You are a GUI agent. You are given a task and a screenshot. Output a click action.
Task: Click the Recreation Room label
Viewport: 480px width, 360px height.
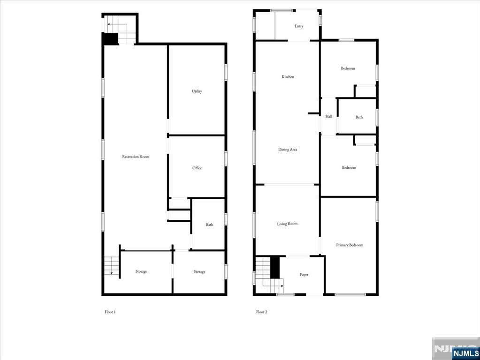pyautogui.click(x=136, y=157)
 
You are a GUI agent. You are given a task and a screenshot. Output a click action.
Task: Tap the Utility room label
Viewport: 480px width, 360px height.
pyautogui.click(x=197, y=91)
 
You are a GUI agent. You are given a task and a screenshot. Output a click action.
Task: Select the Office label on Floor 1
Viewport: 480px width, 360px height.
pyautogui.click(x=197, y=168)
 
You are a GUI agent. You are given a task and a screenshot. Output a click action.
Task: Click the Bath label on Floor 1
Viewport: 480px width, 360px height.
pyautogui.click(x=209, y=225)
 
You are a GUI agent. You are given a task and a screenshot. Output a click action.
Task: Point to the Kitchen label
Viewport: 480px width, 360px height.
pyautogui.click(x=288, y=77)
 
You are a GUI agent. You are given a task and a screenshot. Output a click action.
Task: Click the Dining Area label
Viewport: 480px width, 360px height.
pyautogui.click(x=288, y=150)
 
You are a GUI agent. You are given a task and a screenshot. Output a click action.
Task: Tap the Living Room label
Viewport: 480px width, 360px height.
pyautogui.click(x=287, y=224)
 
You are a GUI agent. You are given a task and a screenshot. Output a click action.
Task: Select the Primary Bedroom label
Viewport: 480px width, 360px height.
pyautogui.click(x=350, y=245)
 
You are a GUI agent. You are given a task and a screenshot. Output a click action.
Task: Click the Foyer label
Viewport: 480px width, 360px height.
pyautogui.click(x=304, y=275)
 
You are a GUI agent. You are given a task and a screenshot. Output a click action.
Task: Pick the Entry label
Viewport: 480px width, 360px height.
pyautogui.click(x=299, y=26)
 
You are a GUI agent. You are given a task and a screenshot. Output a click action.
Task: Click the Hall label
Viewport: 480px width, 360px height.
pyautogui.click(x=328, y=117)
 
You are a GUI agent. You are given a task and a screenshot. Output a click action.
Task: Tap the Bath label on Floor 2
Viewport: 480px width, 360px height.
pyautogui.click(x=359, y=117)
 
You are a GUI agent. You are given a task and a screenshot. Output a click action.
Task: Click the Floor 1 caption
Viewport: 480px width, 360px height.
pyautogui.click(x=110, y=312)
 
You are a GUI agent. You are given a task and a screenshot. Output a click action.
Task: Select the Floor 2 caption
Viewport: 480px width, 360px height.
pyautogui.click(x=261, y=312)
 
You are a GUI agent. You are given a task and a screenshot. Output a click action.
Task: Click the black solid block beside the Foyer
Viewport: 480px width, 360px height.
pyautogui.click(x=275, y=267)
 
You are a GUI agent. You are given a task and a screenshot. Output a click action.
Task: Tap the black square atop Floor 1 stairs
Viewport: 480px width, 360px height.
pyautogui.click(x=111, y=39)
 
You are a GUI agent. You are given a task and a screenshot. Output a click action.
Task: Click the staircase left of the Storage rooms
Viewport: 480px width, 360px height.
pyautogui.click(x=111, y=266)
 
